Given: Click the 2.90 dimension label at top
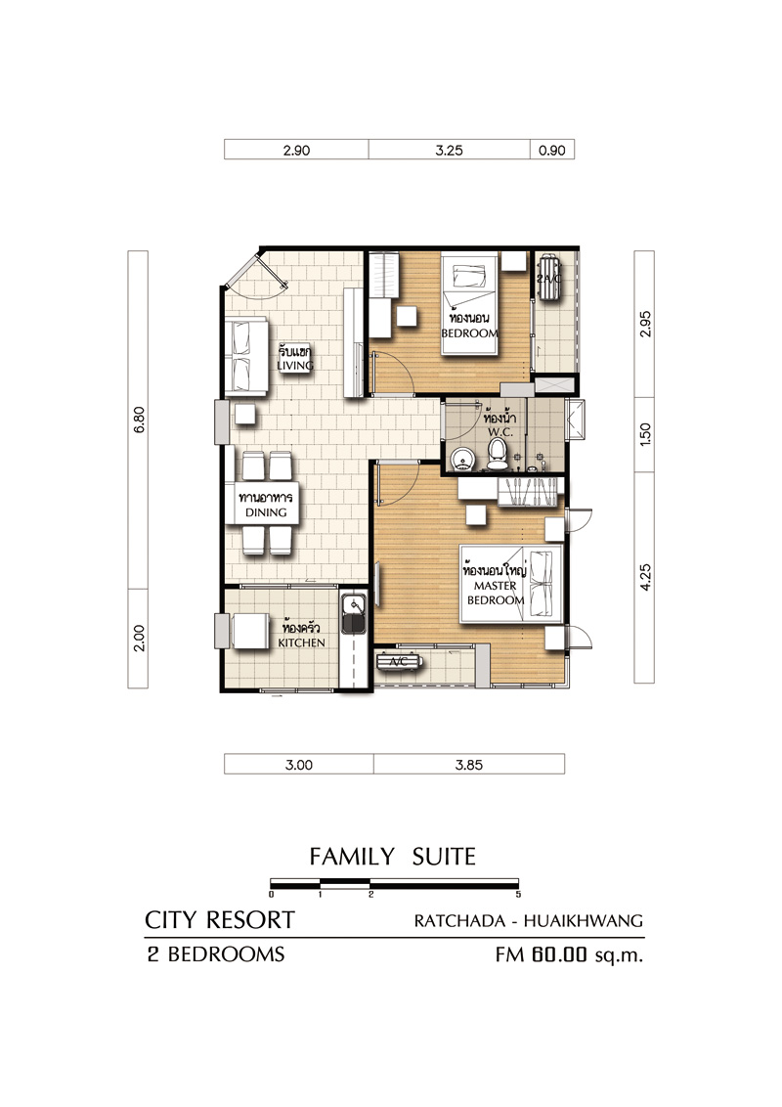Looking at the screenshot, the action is pos(296,151).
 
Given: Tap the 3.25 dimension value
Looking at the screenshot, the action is pos(449,151).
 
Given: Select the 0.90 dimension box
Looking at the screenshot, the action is pos(552,150).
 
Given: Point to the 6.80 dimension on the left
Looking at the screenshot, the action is pos(139,420).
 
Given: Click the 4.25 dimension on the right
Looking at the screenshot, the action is pos(645,577).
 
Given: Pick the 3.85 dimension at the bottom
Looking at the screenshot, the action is pos(468,765).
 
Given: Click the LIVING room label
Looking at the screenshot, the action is pos(295,365).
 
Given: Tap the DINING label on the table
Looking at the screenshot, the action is pos(266,512).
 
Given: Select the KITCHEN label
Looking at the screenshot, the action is pos(301,642).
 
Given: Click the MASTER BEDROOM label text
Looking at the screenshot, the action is pos(496,593).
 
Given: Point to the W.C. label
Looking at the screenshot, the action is pos(500,432).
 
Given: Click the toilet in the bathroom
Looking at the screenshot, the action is pos(498,455).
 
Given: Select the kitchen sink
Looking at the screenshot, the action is pos(353,614).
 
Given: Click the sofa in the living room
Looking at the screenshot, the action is pos(245,357).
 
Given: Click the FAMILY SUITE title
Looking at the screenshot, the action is pos(392,857).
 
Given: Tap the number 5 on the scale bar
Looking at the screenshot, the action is pos(518,895).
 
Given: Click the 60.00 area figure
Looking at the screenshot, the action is pos(560,954).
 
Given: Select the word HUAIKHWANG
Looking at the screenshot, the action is pos(584,920).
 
